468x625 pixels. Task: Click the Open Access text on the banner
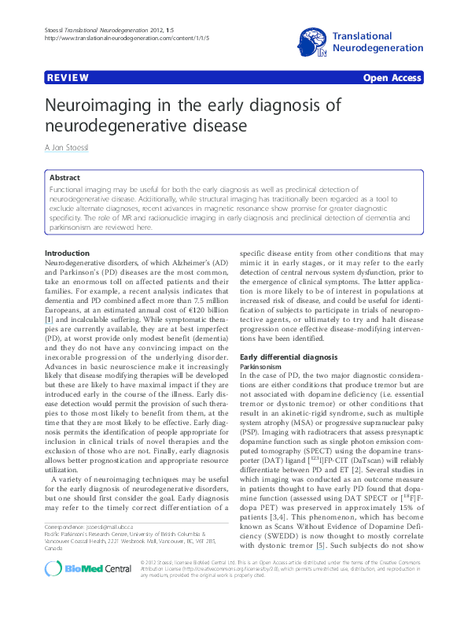(392, 80)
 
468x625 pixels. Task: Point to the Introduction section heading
(68, 252)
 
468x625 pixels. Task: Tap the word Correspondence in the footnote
(64, 548)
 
